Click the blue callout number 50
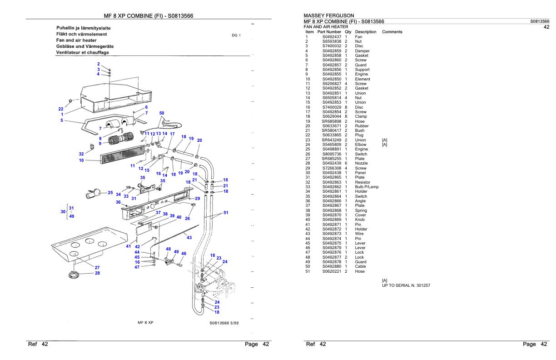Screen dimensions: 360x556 [x=162, y=112]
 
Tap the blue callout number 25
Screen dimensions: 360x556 [x=110, y=193]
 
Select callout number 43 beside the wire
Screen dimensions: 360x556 [x=189, y=237]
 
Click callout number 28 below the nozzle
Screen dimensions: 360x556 [x=97, y=273]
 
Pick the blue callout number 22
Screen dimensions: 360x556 [x=61, y=108]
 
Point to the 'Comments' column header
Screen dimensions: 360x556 [x=392, y=32]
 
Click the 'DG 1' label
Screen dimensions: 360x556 [x=236, y=35]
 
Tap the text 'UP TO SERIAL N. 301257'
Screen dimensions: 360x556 [x=406, y=285]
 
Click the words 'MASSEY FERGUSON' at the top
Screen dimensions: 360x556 [x=330, y=16]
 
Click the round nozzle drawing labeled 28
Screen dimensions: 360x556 [x=73, y=274]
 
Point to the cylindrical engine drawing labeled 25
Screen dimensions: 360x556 [x=94, y=195]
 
